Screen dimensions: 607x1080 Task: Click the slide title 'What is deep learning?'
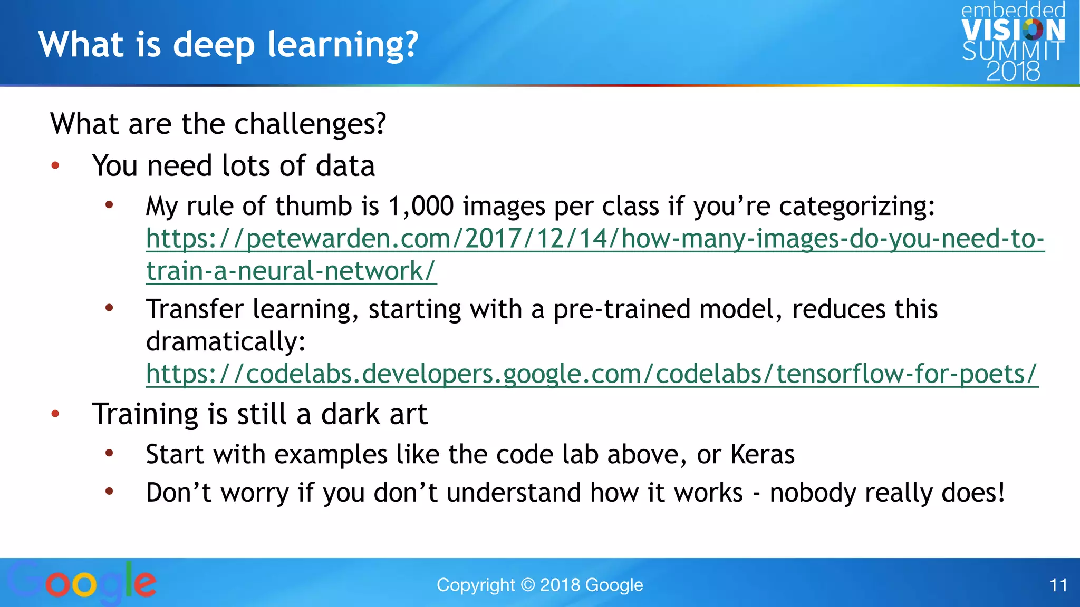point(228,44)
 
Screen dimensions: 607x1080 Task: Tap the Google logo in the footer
point(82,582)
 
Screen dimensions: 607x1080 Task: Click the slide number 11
point(1058,585)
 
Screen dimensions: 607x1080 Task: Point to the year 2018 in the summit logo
point(1012,71)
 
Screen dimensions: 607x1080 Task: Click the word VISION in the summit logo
point(1012,30)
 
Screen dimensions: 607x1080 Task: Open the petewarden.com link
point(595,239)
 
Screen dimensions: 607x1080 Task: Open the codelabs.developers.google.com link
point(592,374)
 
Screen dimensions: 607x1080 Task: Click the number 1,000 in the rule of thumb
point(420,206)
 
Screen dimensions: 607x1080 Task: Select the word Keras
point(762,454)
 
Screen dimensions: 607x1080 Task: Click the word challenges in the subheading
point(310,124)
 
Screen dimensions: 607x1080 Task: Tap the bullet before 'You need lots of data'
point(55,167)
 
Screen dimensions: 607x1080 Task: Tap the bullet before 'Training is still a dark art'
point(55,414)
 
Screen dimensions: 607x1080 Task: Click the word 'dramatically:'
point(226,341)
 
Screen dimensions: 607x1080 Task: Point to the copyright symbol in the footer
point(527,585)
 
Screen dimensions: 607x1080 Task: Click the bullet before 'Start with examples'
point(109,453)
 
